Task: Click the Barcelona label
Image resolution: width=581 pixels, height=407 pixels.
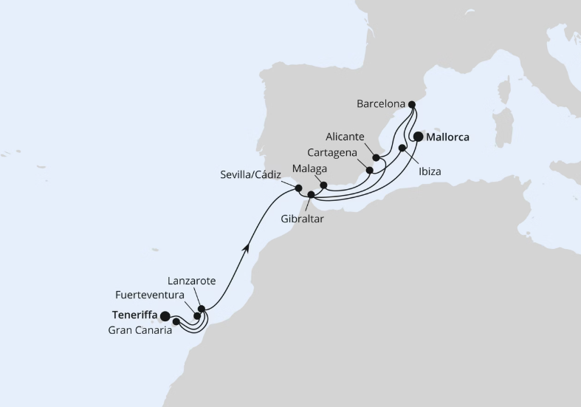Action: coord(381,104)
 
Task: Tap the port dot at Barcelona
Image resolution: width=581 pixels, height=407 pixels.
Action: coord(412,105)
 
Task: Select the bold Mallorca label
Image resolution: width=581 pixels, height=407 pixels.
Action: coord(449,137)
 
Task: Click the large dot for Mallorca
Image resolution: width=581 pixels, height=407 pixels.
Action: coord(419,136)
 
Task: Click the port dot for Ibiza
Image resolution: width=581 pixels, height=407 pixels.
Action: coord(402,148)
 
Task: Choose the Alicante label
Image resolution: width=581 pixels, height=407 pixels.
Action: coord(343,137)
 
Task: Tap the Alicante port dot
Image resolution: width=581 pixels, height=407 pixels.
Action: coord(376,157)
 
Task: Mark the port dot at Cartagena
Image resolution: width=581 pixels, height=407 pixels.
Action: coord(370,170)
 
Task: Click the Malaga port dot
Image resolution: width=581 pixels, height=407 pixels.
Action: coord(323,185)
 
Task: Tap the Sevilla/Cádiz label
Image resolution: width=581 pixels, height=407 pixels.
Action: coord(252,175)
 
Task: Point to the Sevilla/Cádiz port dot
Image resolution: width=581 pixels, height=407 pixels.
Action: coord(298,188)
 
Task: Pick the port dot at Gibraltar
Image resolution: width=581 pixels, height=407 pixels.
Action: coord(311,195)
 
